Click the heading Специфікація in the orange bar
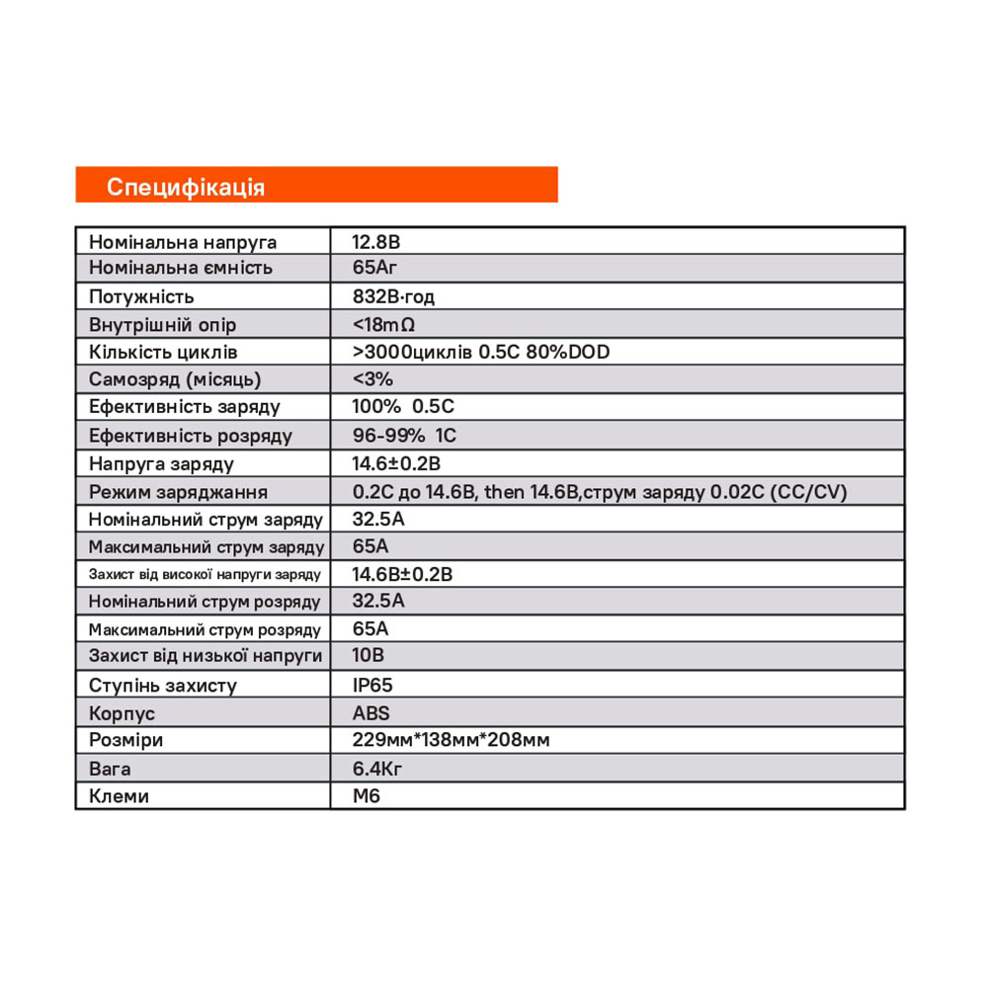186,187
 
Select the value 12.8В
375,242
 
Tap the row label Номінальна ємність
180,268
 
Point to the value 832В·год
393,296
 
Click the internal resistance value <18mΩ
382,324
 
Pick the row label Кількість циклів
163,352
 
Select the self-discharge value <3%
372,378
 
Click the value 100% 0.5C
403,406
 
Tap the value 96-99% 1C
404,435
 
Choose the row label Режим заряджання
178,491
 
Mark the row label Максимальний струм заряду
206,546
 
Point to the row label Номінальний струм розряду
205,601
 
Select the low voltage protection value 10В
368,655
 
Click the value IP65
372,685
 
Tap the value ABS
370,712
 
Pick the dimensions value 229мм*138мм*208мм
451,740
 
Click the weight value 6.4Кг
376,768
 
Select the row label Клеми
119,795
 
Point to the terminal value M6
366,795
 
